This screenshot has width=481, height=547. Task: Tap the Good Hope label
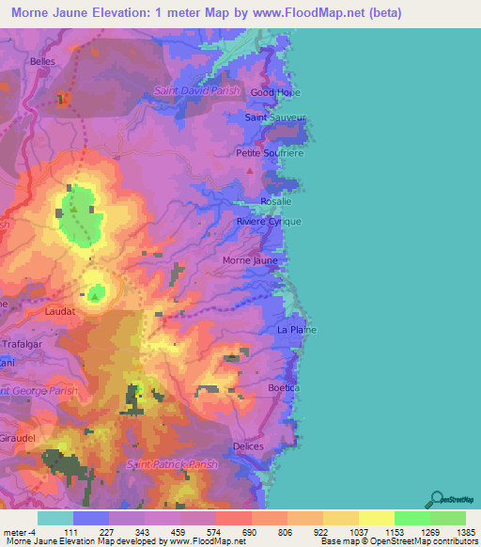point(274,93)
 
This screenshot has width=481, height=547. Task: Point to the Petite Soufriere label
point(270,152)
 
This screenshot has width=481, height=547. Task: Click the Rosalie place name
point(276,201)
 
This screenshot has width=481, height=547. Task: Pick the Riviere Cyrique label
point(269,221)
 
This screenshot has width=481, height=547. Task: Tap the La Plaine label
point(296,330)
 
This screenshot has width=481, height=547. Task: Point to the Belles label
point(43,61)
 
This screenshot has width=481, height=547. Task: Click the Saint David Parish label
point(197,91)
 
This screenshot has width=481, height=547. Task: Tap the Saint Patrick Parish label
point(172,464)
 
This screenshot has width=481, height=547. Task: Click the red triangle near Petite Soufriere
point(249,171)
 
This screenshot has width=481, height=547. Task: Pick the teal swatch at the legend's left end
point(54,518)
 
